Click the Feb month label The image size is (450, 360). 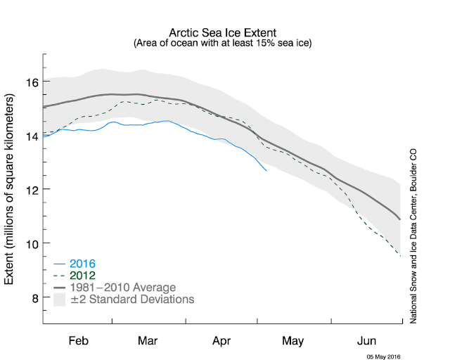pos(78,341)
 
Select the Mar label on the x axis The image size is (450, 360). pos(147,341)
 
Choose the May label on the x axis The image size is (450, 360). pos(292,341)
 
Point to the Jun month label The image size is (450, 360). pos(366,341)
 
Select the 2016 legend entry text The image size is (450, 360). pos(82,264)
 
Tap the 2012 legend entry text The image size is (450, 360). pos(82,276)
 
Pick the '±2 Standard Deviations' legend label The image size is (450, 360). pos(131,300)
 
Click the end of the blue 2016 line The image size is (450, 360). pos(266,170)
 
